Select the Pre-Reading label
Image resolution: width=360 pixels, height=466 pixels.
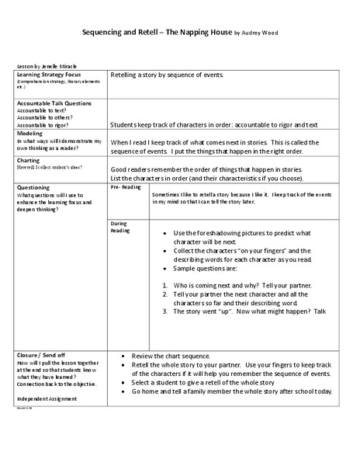click(x=126, y=187)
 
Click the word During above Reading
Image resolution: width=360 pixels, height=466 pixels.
click(x=119, y=223)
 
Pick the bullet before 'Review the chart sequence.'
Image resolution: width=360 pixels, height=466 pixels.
click(x=124, y=354)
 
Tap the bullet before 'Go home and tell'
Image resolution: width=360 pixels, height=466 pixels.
click(x=124, y=391)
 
